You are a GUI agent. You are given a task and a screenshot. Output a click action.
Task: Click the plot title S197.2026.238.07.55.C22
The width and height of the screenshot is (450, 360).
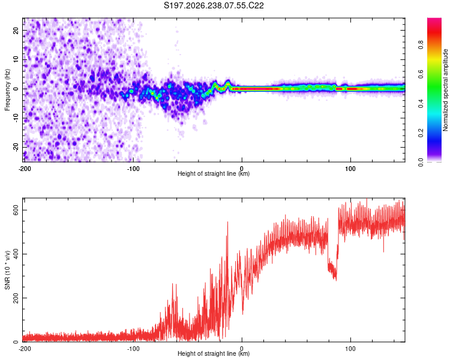[214, 5]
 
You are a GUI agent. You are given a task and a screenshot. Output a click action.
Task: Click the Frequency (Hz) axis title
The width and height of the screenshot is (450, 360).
[7, 90]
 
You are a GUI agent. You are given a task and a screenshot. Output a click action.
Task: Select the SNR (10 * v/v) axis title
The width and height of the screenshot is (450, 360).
[7, 270]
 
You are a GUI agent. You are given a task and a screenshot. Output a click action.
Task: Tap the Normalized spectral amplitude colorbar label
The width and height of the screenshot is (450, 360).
[445, 90]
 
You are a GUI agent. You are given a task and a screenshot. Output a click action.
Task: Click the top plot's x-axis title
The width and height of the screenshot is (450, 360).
[214, 173]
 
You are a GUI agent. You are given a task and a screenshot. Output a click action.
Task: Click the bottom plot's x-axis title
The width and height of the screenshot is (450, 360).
[214, 353]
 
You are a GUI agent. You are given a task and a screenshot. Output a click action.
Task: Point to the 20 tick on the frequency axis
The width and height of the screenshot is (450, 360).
[16, 30]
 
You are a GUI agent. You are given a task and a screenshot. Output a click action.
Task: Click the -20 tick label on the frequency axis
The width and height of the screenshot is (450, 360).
[16, 148]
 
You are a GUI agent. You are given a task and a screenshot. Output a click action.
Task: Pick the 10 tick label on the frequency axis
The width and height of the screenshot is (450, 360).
[16, 59]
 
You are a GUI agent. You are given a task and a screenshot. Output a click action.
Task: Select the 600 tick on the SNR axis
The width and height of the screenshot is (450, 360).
[16, 211]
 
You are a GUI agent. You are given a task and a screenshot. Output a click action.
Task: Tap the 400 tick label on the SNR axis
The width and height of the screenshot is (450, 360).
[16, 254]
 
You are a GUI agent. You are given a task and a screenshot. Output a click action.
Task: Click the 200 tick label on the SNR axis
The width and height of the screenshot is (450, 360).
[16, 298]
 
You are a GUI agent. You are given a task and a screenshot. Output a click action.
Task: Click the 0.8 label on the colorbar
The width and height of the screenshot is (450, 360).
[421, 45]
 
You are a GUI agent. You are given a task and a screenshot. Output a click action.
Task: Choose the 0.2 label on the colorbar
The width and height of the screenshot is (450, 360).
[421, 133]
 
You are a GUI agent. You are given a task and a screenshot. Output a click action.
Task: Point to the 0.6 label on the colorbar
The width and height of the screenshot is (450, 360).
[421, 74]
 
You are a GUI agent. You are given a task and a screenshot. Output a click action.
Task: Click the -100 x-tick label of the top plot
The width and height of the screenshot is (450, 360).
[133, 169]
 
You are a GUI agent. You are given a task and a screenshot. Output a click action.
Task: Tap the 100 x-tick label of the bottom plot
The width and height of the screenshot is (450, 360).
[350, 349]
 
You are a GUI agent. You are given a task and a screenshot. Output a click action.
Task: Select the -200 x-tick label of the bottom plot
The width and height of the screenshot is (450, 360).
[25, 349]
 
